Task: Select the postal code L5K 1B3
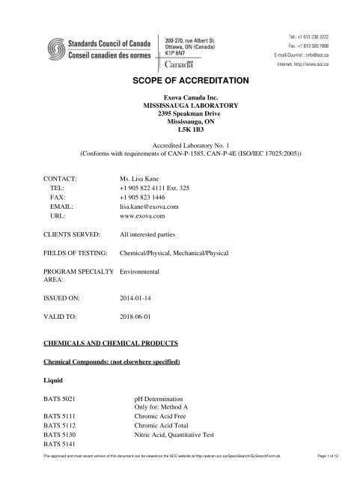pyautogui.click(x=180, y=139)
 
